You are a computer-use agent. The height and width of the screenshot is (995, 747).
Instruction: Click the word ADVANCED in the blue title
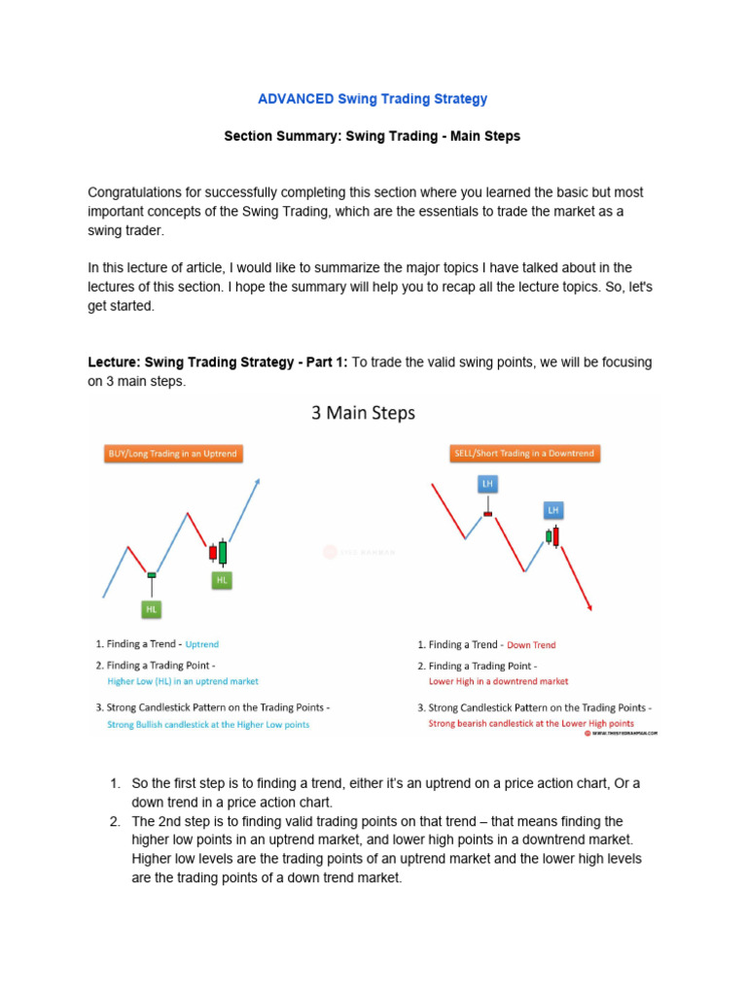(296, 99)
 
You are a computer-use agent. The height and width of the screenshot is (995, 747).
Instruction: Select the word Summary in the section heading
(309, 136)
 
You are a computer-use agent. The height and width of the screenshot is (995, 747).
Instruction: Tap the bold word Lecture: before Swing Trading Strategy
(114, 362)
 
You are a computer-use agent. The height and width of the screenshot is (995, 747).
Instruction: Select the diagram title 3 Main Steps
(363, 413)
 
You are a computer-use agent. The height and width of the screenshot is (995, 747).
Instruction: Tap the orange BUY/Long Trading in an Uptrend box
(171, 454)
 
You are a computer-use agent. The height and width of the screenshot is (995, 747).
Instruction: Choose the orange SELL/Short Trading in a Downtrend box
(524, 454)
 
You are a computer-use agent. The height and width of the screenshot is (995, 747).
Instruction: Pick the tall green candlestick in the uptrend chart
(223, 552)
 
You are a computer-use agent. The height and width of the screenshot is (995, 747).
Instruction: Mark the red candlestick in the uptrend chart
(212, 552)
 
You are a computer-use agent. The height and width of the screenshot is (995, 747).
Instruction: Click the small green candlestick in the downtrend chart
(549, 535)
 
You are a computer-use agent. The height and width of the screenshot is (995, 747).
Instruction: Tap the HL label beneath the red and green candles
(222, 580)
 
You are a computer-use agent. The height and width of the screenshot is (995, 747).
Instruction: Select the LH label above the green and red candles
(553, 509)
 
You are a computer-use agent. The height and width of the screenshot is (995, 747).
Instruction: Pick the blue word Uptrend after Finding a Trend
(202, 644)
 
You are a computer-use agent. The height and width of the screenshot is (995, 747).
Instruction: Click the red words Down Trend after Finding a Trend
(532, 645)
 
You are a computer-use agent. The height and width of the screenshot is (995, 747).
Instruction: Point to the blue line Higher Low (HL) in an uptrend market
(183, 682)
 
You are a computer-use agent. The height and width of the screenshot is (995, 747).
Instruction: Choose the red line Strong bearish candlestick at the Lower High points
(531, 724)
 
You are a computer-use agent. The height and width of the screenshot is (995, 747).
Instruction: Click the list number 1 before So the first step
(114, 783)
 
